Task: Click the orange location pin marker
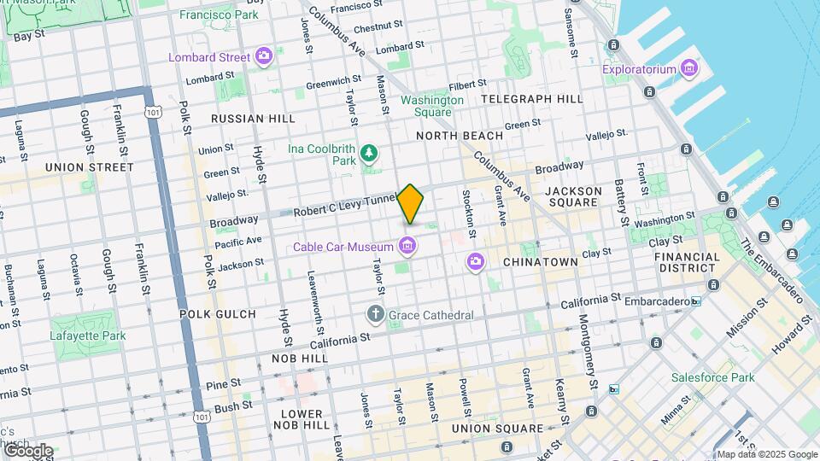pyautogui.click(x=411, y=204)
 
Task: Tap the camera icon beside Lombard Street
pyautogui.click(x=264, y=57)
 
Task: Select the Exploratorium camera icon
pyautogui.click(x=689, y=68)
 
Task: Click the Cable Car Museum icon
pyautogui.click(x=407, y=248)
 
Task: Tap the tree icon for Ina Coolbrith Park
pyautogui.click(x=369, y=153)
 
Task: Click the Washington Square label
pyautogui.click(x=432, y=106)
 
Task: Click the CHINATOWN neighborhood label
pyautogui.click(x=540, y=261)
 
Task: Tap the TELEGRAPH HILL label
pyautogui.click(x=532, y=99)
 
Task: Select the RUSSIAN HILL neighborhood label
pyautogui.click(x=253, y=119)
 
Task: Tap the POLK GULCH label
pyautogui.click(x=218, y=314)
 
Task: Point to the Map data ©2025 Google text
pyautogui.click(x=766, y=455)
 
